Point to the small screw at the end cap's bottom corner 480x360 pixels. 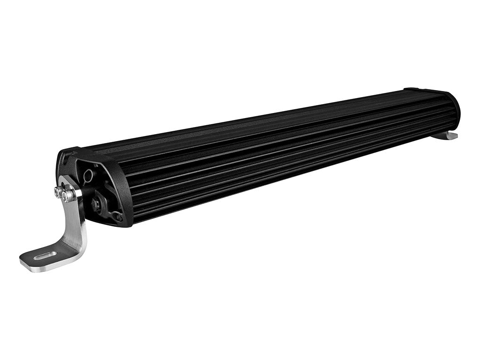click(x=118, y=217)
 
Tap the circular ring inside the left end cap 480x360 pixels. click(x=88, y=175)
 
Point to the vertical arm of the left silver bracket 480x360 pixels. click(x=76, y=220)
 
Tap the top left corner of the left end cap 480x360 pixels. click(x=64, y=153)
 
